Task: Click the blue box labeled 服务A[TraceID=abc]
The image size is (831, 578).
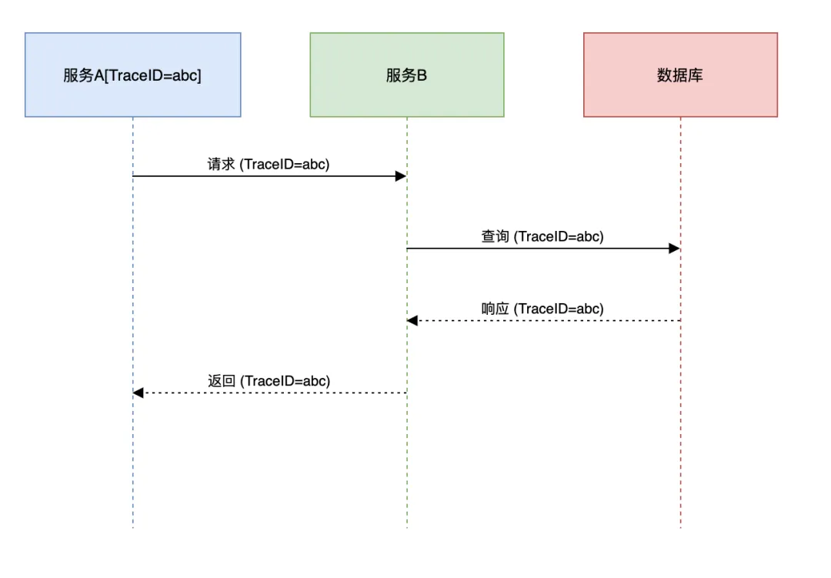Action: [x=133, y=75]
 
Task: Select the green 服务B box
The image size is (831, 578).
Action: [x=407, y=75]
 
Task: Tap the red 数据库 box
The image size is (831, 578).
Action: [x=680, y=75]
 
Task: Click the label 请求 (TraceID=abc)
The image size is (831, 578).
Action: [x=269, y=165]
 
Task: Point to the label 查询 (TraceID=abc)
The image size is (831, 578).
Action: [x=542, y=236]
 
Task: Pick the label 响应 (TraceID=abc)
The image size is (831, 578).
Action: [x=542, y=309]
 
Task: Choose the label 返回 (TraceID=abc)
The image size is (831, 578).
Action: [x=269, y=381]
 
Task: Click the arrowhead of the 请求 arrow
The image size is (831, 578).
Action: [x=401, y=176]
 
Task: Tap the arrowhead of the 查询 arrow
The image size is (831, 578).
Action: [x=675, y=248]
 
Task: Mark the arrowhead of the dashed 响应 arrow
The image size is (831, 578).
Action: [x=412, y=320]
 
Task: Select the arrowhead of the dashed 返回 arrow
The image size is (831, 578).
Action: [x=138, y=393]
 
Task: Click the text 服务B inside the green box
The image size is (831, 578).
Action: [x=406, y=75]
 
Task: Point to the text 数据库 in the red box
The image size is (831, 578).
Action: [x=680, y=75]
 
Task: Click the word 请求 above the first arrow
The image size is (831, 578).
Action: [x=221, y=165]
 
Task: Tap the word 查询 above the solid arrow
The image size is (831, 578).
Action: [x=495, y=236]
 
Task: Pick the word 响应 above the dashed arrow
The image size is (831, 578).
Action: [x=495, y=309]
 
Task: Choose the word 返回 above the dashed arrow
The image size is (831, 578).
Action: [x=222, y=381]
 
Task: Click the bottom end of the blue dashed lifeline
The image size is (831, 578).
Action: [x=133, y=528]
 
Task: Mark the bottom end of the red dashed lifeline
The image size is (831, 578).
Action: [x=680, y=528]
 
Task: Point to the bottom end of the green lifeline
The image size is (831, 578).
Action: [x=407, y=528]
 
